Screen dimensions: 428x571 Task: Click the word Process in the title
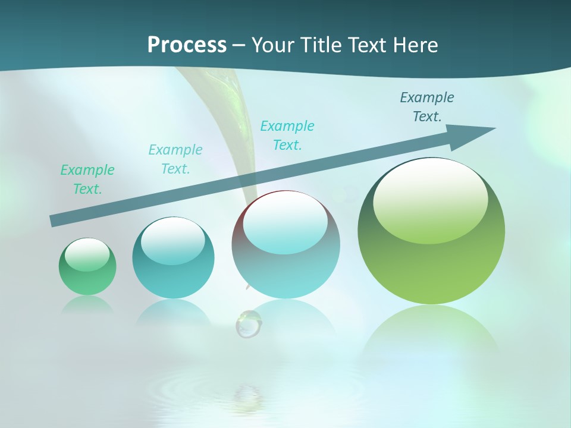[187, 45]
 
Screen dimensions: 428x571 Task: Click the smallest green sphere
[87, 267]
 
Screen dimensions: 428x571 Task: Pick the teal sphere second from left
[173, 258]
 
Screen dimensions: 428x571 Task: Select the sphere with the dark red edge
[285, 245]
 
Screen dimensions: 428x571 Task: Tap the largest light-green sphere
[431, 232]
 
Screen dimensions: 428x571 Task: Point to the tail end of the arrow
[55, 221]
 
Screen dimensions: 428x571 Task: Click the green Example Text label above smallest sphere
[87, 180]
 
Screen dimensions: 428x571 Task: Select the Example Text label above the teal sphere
[175, 159]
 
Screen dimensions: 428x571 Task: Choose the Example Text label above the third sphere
[287, 136]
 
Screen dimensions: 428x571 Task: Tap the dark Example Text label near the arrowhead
[427, 107]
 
